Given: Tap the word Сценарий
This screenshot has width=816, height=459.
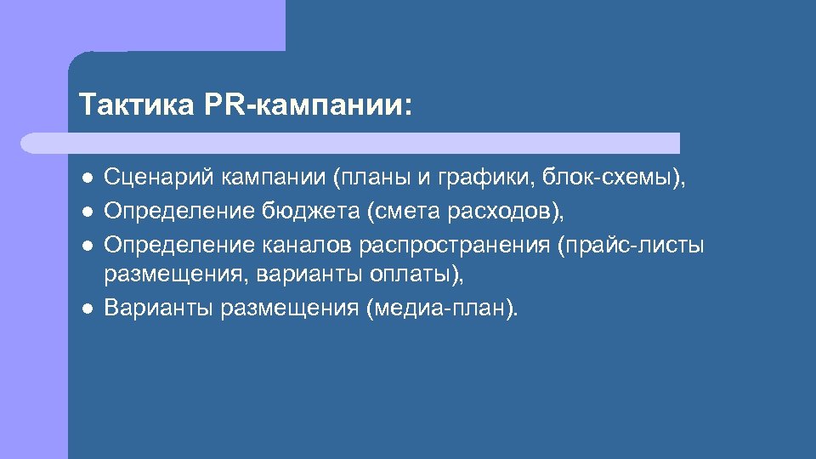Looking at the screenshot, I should click(x=159, y=178).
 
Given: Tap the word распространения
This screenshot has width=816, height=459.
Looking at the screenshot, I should click(x=454, y=244).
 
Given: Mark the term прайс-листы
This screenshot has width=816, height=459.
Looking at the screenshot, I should click(x=632, y=244).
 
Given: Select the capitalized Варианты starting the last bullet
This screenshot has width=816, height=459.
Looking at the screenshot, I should click(x=158, y=308).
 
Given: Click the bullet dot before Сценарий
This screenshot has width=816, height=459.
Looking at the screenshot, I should click(x=87, y=178).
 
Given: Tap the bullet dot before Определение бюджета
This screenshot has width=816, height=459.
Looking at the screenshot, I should click(x=87, y=211).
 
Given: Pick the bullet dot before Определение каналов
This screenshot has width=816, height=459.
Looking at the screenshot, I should click(x=87, y=244).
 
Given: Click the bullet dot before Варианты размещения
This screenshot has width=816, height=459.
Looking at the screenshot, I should click(x=87, y=308).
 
